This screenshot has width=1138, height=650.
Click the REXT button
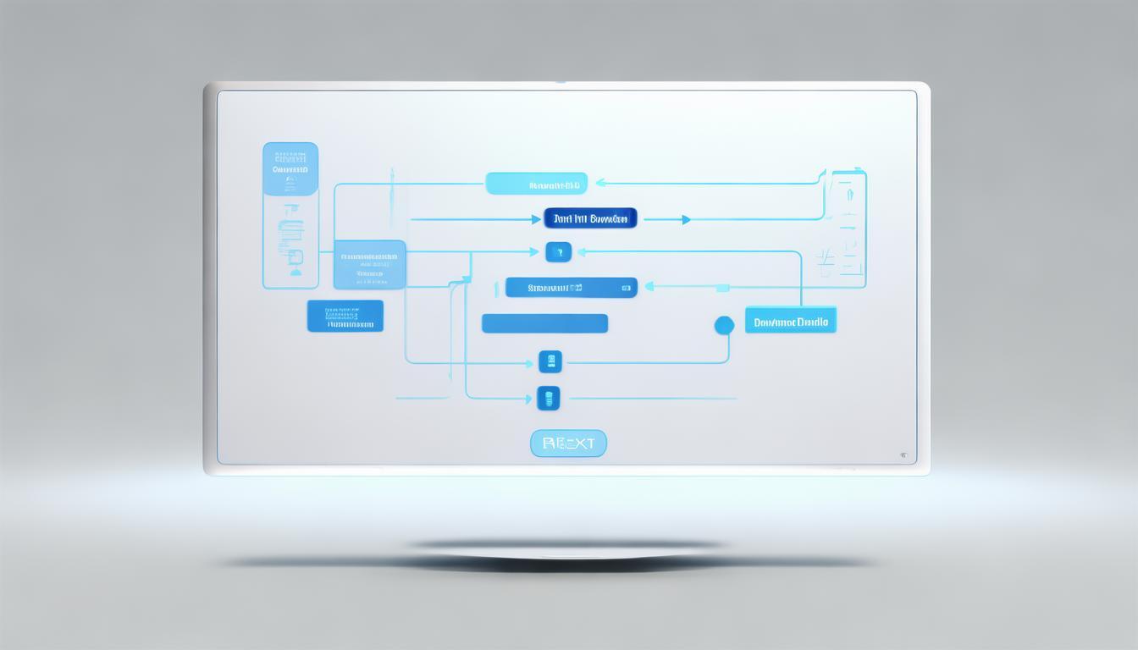(568, 443)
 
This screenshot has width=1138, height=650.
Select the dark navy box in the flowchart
(590, 218)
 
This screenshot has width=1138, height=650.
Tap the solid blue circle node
(724, 325)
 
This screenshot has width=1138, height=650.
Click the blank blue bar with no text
(544, 323)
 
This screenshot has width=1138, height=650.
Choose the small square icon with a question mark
(558, 251)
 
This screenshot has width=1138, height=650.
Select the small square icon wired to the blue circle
(550, 362)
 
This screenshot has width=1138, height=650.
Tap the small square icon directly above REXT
(549, 398)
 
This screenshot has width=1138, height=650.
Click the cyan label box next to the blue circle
(790, 320)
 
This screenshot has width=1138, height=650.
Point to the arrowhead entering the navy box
(536, 220)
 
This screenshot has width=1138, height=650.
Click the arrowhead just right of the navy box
(686, 220)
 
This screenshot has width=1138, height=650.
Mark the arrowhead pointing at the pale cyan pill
(599, 183)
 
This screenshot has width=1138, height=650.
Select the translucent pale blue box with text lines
(370, 264)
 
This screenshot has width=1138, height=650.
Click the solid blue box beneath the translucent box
(345, 316)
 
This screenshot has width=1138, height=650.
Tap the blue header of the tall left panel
(290, 168)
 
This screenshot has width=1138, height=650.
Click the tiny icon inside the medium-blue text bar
(626, 288)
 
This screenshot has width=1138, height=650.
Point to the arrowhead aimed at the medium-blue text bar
(649, 287)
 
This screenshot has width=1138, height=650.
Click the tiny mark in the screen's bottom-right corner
(903, 455)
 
